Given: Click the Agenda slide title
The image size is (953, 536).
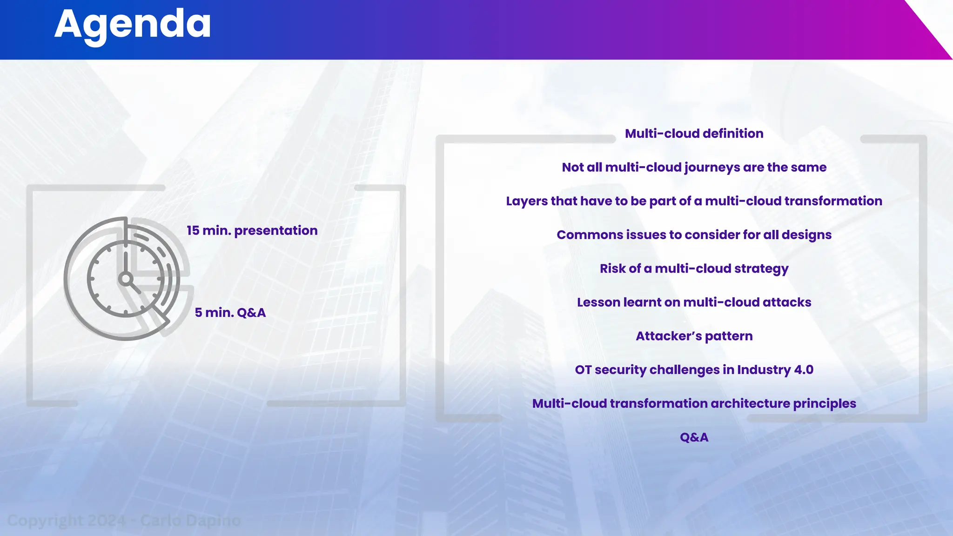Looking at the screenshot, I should [133, 24].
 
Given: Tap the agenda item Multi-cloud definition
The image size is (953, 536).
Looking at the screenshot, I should [694, 134].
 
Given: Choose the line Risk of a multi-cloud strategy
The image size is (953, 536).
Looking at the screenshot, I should [694, 269].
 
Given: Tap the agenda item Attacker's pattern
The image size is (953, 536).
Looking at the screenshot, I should [694, 336].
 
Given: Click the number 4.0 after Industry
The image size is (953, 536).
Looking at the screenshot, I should [804, 370].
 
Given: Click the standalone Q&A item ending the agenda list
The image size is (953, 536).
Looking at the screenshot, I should [694, 437].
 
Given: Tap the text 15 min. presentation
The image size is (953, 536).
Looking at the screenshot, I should [252, 231].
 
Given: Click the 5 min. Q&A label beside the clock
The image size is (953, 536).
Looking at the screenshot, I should [230, 313].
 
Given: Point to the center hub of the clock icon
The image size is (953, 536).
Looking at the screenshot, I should [125, 279].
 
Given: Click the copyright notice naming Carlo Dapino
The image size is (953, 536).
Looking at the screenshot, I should [124, 520].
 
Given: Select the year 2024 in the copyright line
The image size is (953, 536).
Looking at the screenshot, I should [107, 520].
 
